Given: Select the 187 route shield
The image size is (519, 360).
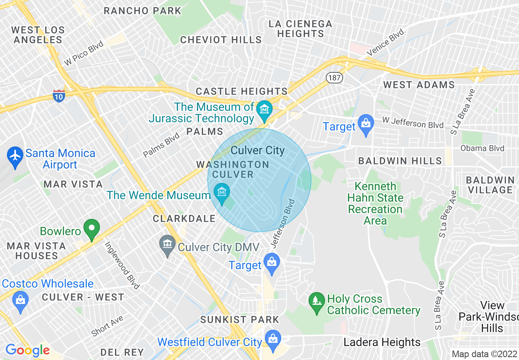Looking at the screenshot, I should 334,77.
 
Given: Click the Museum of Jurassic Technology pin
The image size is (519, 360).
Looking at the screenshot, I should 264,110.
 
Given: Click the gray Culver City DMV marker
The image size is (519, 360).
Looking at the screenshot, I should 167,245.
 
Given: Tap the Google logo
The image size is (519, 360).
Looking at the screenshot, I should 27,350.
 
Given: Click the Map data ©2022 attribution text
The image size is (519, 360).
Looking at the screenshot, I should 484,354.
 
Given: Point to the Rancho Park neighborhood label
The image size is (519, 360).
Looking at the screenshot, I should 142,11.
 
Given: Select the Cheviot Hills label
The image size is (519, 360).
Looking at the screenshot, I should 221,40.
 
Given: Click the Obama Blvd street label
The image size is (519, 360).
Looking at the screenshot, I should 482,148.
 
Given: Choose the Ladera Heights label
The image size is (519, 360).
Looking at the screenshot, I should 382,342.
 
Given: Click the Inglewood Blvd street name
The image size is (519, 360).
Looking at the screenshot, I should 122,265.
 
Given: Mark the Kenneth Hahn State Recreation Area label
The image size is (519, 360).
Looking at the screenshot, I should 375,203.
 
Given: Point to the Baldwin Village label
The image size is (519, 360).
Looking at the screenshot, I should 490,185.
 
